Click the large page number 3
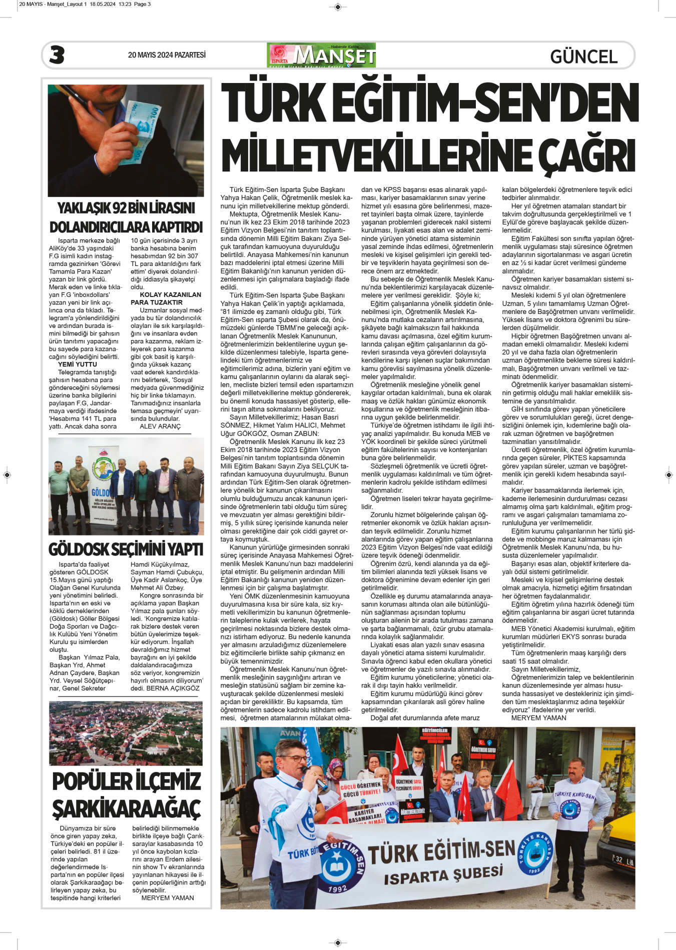(x=57, y=55)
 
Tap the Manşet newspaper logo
(x=321, y=55)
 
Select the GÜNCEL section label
(x=583, y=56)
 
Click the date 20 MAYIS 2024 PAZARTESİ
(x=167, y=55)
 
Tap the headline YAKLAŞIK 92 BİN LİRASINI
(x=126, y=208)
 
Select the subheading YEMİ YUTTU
(x=78, y=364)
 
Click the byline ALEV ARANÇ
(x=160, y=426)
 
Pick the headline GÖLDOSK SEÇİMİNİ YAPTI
(x=126, y=549)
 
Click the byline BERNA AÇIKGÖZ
(x=173, y=688)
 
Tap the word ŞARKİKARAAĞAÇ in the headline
(x=126, y=808)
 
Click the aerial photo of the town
(x=126, y=733)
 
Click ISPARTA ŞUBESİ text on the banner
(x=443, y=875)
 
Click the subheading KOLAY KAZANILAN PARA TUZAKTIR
(x=166, y=298)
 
